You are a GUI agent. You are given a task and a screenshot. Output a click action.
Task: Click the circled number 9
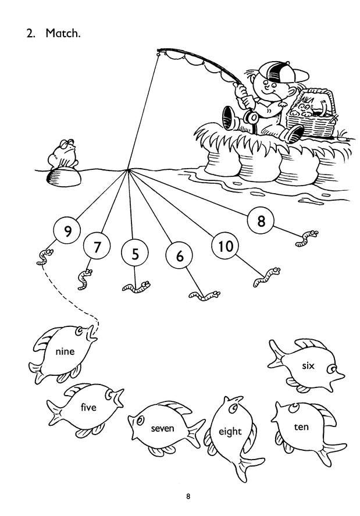[x=67, y=231]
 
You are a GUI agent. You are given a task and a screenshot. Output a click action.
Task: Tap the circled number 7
[x=97, y=246]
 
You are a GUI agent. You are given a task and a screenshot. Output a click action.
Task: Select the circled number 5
[x=135, y=254]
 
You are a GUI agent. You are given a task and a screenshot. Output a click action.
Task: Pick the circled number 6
[x=179, y=255]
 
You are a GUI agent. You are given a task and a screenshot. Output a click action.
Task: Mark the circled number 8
[x=261, y=220]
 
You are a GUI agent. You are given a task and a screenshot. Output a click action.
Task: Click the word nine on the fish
[x=65, y=351]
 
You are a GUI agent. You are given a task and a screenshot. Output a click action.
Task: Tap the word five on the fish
[x=88, y=407]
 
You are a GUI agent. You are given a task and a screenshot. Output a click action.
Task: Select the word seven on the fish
[x=162, y=429]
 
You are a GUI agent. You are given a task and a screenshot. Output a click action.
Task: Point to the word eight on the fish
[x=230, y=432]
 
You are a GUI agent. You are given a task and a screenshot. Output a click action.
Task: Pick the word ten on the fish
[x=301, y=427]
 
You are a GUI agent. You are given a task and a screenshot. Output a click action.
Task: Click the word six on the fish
[x=308, y=365]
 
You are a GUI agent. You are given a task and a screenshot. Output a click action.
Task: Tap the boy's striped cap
[x=283, y=73]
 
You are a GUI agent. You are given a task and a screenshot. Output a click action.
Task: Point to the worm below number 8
[x=306, y=239]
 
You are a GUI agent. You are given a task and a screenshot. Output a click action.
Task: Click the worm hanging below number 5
[x=136, y=287]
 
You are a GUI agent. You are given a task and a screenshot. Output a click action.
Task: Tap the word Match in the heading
[x=63, y=33]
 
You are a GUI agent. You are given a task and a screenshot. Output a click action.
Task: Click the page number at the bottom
[x=188, y=496]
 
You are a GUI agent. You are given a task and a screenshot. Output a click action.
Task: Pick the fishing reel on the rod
[x=251, y=117]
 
